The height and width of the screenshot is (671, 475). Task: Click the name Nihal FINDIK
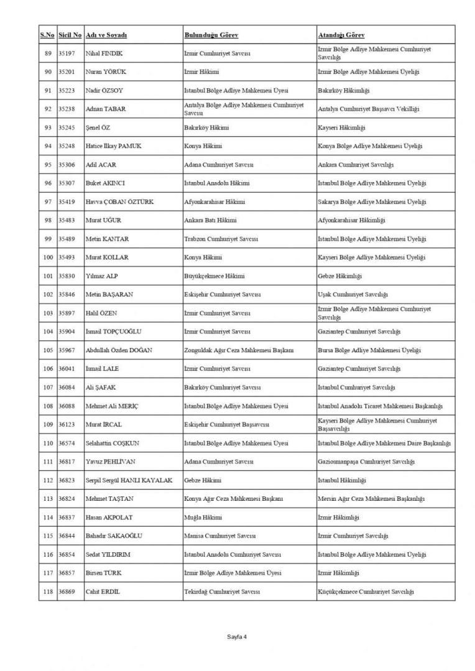tap(104, 53)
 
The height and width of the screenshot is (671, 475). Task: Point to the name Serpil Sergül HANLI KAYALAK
tap(129, 480)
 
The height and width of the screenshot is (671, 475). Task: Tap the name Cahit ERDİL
tap(103, 591)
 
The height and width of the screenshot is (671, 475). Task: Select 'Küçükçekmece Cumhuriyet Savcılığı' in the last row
tap(366, 591)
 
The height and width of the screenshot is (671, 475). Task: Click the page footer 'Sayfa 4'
tap(237, 636)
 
